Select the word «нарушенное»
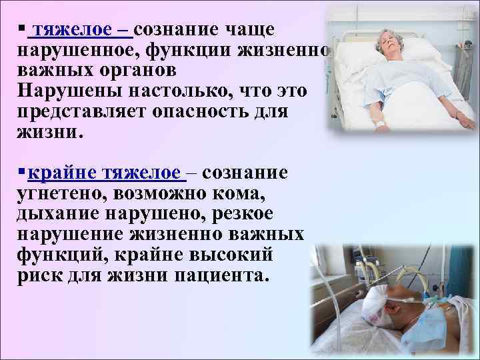(75, 51)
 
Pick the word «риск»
(38, 276)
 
